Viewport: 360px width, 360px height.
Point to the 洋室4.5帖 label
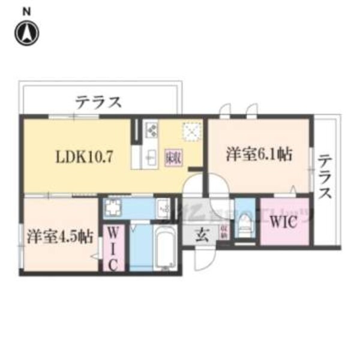pyautogui.click(x=59, y=236)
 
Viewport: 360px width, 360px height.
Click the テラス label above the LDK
pyautogui.click(x=98, y=101)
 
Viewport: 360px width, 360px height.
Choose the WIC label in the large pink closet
pyautogui.click(x=284, y=221)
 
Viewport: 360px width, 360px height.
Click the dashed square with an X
pyautogui.click(x=191, y=130)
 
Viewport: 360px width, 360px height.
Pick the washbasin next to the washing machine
pyautogui.click(x=163, y=208)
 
